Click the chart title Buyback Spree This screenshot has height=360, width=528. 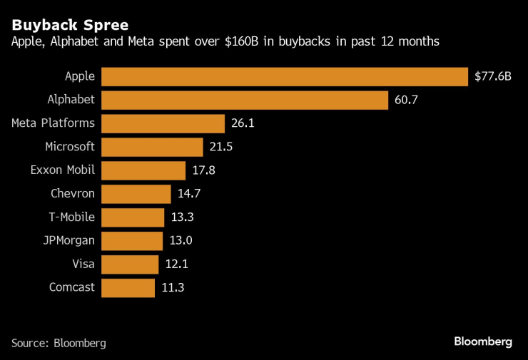tap(69, 25)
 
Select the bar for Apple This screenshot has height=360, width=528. tap(285, 76)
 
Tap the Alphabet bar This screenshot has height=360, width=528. tap(245, 100)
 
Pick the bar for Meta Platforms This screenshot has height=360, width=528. tap(163, 123)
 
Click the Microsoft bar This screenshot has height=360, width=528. tap(152, 147)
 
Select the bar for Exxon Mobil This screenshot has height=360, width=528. tap(143, 170)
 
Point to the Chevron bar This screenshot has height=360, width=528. tap(136, 194)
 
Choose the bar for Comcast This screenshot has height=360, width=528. tap(128, 287)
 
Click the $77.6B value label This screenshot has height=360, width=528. tap(493, 76)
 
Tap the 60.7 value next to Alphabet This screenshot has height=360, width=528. tap(406, 100)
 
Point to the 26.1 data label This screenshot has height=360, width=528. tap(243, 123)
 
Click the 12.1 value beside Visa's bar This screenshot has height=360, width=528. tap(176, 264)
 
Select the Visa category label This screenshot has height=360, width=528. tap(83, 264)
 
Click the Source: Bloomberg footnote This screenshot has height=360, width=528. tap(59, 343)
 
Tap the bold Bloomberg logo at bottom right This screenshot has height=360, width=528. tap(483, 342)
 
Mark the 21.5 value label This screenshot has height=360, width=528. tap(221, 147)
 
